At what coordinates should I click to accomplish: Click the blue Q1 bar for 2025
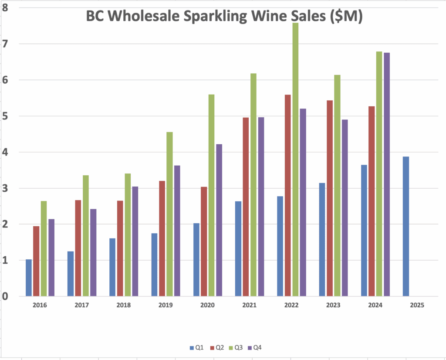[406, 227]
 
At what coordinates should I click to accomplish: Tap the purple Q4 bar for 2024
[386, 174]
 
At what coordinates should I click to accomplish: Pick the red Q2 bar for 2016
[36, 262]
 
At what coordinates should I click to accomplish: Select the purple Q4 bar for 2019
[177, 231]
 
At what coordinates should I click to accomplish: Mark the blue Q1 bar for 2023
[322, 240]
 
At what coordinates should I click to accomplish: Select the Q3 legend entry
[235, 348]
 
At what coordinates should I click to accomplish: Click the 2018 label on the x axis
[124, 306]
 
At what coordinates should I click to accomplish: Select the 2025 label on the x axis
[417, 306]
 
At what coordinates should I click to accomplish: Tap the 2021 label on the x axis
[249, 306]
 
